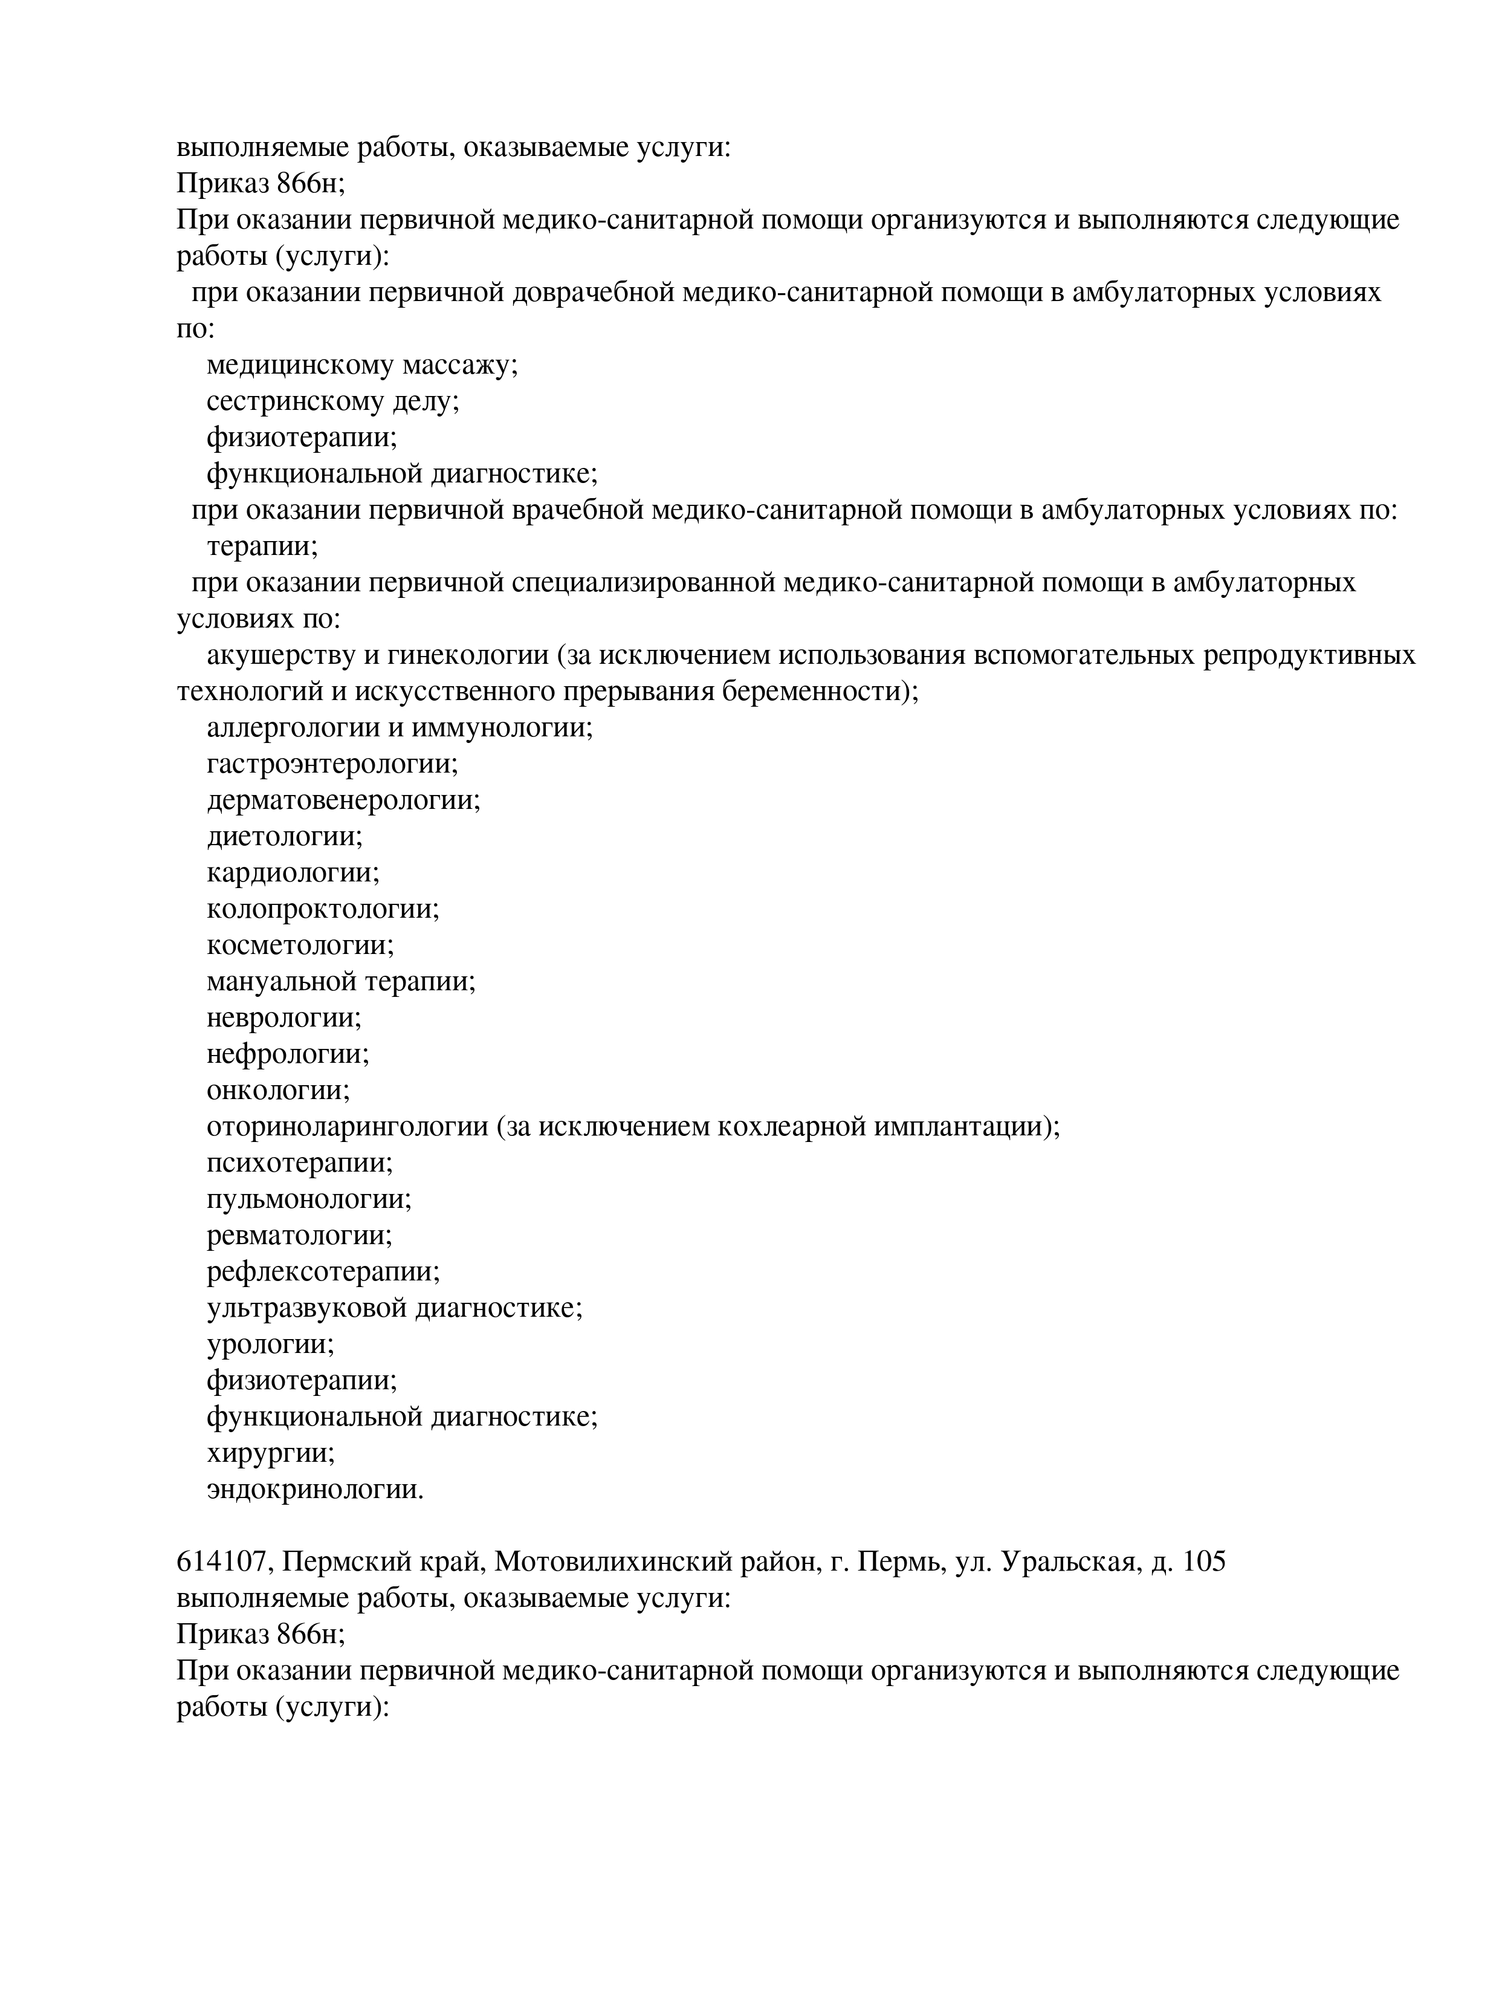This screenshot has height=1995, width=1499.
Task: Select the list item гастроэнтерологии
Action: pyautogui.click(x=332, y=764)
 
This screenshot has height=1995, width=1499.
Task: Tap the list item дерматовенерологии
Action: pyautogui.click(x=343, y=800)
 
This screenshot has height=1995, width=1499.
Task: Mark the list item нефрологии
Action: pyautogui.click(x=288, y=1053)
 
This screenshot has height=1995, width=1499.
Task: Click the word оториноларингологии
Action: pyautogui.click(x=347, y=1126)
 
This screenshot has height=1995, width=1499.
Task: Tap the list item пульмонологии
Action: pyautogui.click(x=308, y=1199)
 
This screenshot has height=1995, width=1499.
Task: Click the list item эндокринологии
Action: pyautogui.click(x=315, y=1489)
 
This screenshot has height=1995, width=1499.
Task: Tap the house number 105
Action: pyautogui.click(x=1203, y=1561)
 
